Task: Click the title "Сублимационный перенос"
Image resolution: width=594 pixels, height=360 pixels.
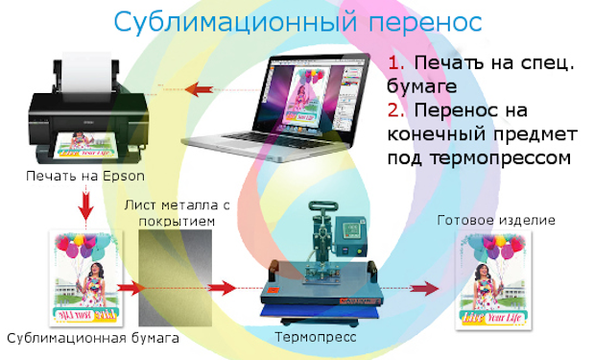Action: coord(297,22)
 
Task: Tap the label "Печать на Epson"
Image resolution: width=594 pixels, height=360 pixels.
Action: coord(85,177)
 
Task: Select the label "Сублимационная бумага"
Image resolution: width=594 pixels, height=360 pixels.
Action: coord(93,338)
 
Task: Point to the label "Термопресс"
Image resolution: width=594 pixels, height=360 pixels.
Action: coord(315,337)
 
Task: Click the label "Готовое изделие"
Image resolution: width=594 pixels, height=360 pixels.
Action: coord(496,220)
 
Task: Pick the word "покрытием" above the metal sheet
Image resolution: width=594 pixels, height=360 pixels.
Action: coord(177,221)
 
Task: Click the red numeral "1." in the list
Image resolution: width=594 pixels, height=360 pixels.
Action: coord(396,63)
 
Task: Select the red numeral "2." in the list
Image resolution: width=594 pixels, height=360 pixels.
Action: coord(396,110)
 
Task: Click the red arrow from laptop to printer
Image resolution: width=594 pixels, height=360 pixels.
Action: coord(200,90)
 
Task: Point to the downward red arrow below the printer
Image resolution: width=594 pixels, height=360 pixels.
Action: coord(86,205)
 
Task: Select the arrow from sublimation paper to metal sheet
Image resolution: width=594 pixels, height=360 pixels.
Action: coord(131,288)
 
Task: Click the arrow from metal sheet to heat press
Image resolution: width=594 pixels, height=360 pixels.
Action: coord(223,288)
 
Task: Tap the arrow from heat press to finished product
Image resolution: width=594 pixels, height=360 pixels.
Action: coord(424,288)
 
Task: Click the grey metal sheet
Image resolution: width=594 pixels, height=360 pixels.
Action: coord(175,277)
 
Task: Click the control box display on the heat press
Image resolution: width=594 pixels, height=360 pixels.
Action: coord(351,228)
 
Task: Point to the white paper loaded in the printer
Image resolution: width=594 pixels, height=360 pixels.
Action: coord(87,75)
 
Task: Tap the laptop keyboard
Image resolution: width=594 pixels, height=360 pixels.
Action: coord(280,140)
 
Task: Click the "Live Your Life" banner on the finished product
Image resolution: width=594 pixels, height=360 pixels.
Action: coord(491,317)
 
